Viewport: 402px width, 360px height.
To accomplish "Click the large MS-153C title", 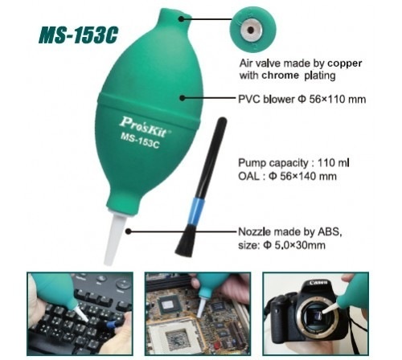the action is click(78, 35).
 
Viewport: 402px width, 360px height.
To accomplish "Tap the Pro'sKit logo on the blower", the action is click(144, 126).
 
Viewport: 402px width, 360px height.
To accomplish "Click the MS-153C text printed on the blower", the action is click(140, 140).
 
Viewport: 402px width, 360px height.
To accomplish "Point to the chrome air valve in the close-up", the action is click(251, 31).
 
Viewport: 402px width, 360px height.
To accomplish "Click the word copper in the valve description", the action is click(345, 63).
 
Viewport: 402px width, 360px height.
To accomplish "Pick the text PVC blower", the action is click(266, 99).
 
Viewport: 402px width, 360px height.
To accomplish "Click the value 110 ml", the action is click(334, 162).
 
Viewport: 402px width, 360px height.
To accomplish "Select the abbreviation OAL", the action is click(248, 176).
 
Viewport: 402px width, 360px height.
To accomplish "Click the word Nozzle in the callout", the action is click(254, 231).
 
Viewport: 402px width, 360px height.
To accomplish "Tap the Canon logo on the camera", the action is click(318, 282).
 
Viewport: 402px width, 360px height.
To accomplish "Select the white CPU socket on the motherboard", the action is click(175, 336).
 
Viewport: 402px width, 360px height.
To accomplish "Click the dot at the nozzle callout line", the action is click(129, 231).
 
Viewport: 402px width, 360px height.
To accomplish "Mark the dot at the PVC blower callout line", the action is click(183, 98).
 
